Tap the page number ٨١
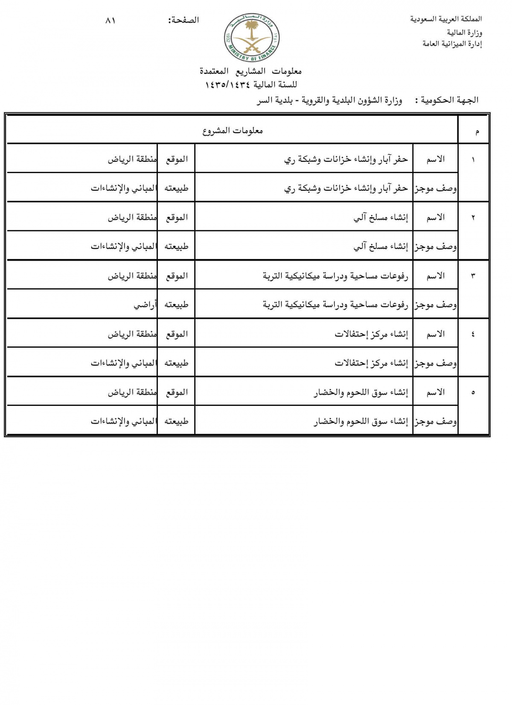[111, 21]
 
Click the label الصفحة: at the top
[184, 21]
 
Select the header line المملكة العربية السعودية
[446, 19]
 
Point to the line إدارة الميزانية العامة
[452, 44]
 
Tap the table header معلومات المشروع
[233, 131]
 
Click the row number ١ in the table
[473, 159]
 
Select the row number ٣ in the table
[473, 276]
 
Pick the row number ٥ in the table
[473, 393]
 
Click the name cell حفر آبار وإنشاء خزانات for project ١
[346, 159]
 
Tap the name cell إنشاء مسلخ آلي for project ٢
[381, 217]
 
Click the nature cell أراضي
[145, 305]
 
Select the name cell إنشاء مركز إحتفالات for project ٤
[371, 334]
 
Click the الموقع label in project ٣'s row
[177, 276]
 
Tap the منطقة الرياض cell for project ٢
[132, 217]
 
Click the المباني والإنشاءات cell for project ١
[124, 188]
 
